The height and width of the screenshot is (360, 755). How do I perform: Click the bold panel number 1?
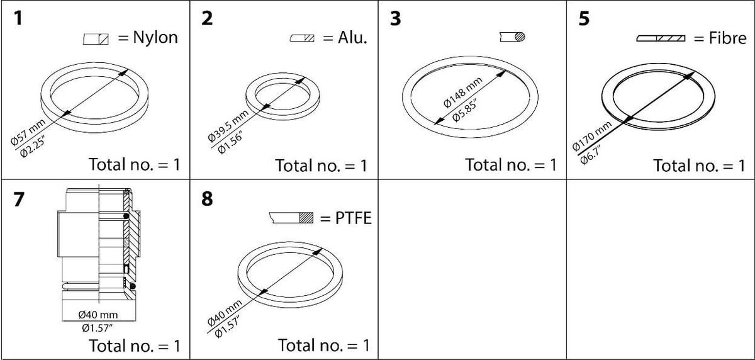click(18, 18)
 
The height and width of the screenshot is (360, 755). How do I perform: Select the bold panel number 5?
click(584, 18)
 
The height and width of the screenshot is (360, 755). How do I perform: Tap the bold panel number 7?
click(19, 199)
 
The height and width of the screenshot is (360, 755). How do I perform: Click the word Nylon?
click(155, 37)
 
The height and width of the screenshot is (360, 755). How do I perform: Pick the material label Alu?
click(352, 38)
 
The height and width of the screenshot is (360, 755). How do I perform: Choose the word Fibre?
click(727, 38)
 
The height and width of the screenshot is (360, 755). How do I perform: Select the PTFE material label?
click(354, 218)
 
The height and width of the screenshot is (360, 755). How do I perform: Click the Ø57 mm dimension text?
click(28, 132)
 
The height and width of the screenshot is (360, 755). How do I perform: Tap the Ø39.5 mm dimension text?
click(228, 126)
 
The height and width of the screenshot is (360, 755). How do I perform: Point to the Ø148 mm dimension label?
click(463, 93)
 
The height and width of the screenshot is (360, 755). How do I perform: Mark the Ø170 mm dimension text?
click(591, 136)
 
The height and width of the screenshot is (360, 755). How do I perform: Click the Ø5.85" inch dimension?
click(465, 111)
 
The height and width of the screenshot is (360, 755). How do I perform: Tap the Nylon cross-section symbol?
click(96, 39)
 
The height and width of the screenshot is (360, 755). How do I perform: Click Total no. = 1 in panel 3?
click(511, 165)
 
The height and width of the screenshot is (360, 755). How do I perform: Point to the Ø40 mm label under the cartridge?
click(98, 315)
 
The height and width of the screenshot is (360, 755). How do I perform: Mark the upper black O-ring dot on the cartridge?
click(126, 216)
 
